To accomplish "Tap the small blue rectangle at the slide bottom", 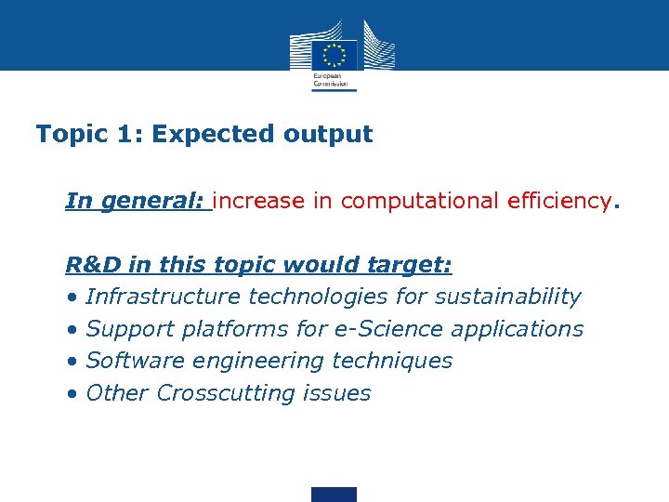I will point(334,494).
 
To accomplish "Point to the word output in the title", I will point(326,135).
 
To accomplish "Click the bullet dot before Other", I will point(72,394).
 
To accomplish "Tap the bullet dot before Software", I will point(72,363).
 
